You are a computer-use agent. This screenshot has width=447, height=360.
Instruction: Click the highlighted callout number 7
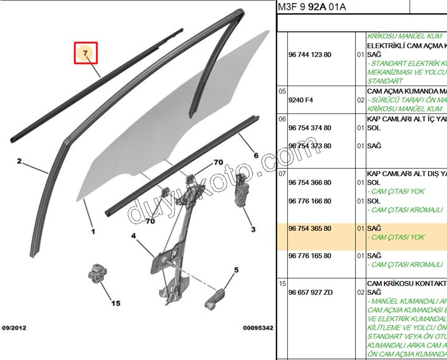(x=86, y=53)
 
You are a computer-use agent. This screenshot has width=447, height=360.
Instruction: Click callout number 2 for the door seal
(x=19, y=161)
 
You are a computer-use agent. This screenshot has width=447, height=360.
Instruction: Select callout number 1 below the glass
(x=93, y=231)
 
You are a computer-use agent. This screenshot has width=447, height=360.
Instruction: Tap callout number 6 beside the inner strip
(x=256, y=155)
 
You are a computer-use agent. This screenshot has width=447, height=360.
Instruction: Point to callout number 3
(x=253, y=229)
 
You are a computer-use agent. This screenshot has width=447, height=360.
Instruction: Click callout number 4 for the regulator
(x=134, y=236)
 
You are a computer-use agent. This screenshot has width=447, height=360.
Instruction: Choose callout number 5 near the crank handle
(x=236, y=270)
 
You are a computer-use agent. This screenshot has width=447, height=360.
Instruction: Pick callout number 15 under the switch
(x=115, y=303)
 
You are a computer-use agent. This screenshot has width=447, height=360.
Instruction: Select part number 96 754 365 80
(x=310, y=229)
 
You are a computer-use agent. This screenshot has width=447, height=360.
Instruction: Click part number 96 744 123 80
(x=310, y=55)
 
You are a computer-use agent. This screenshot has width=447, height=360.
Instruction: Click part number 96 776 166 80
(x=310, y=201)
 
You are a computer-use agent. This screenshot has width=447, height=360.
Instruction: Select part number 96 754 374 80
(x=310, y=128)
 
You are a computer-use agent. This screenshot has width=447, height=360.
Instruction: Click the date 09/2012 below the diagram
(x=14, y=328)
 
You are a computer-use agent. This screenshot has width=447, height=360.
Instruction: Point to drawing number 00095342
(x=258, y=328)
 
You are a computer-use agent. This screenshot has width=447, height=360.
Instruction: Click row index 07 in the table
(x=282, y=173)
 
